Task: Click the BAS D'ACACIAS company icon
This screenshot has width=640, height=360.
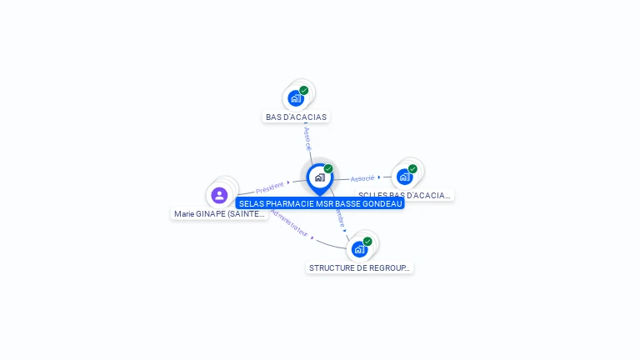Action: (295, 98)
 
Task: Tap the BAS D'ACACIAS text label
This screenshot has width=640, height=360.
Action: (296, 117)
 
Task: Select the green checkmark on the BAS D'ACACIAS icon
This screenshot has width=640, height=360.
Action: (304, 90)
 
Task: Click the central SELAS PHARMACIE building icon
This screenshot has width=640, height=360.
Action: (319, 177)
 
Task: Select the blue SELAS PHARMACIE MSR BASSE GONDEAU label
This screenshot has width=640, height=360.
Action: (320, 203)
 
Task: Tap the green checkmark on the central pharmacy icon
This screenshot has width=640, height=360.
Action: (328, 169)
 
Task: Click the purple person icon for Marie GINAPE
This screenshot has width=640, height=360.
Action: (219, 195)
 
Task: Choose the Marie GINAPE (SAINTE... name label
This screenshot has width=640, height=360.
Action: (220, 214)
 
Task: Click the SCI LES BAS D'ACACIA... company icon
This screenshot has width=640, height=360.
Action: (404, 177)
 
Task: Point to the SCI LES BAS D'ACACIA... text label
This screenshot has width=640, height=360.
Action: (405, 196)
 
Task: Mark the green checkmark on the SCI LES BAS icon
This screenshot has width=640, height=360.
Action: (412, 168)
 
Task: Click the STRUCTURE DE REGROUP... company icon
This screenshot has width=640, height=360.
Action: (359, 249)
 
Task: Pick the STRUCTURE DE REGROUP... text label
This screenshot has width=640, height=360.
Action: (360, 268)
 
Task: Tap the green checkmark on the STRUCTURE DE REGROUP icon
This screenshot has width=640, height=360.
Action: (367, 242)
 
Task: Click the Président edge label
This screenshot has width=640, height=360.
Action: (270, 187)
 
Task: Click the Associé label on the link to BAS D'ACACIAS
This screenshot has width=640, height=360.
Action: (307, 139)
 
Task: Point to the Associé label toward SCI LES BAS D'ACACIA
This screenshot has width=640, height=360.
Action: (362, 178)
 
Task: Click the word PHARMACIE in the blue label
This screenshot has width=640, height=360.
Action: (291, 203)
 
